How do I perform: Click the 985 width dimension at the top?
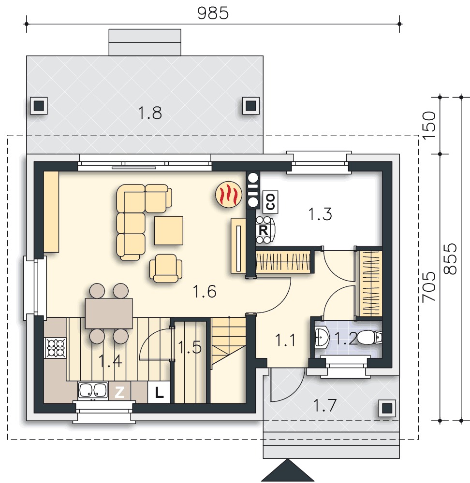tap(213, 13)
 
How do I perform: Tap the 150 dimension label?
tap(429, 126)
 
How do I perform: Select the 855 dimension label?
tap(450, 259)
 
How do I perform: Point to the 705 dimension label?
tap(429, 286)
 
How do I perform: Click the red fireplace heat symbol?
tap(229, 194)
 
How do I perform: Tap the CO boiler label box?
tap(270, 202)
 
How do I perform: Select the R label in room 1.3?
tap(263, 230)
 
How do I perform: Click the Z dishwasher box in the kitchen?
tap(119, 392)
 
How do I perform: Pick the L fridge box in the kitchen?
tap(159, 392)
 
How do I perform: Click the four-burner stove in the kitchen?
tap(56, 348)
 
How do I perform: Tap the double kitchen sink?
tap(93, 391)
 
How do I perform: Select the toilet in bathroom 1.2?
tap(369, 338)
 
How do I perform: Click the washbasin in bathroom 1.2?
tap(322, 338)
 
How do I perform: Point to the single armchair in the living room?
tap(166, 268)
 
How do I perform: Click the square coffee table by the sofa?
tap(169, 230)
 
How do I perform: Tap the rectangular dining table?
tap(109, 313)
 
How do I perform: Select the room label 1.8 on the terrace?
tap(150, 113)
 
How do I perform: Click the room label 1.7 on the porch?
tap(324, 405)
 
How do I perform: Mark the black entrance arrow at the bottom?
tap(288, 470)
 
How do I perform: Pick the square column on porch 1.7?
tap(387, 409)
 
